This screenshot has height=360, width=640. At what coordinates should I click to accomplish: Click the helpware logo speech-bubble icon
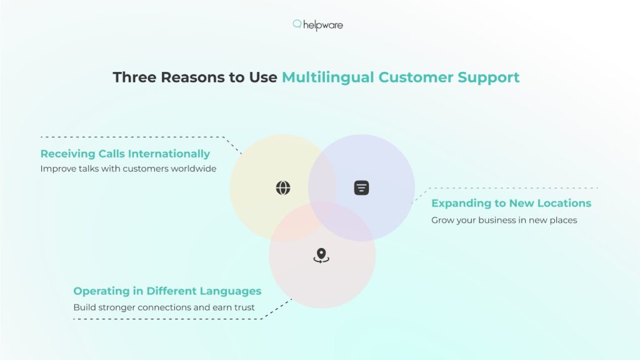tap(297, 24)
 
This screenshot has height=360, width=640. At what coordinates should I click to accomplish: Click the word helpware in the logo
tap(323, 25)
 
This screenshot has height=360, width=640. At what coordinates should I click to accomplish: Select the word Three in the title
tap(134, 77)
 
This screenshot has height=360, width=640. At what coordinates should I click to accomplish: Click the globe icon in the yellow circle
tap(283, 187)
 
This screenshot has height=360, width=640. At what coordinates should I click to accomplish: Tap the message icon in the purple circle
tap(361, 187)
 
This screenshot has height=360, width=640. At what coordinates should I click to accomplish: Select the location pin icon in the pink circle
tap(321, 256)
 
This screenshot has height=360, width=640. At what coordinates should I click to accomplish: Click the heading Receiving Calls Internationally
tap(125, 154)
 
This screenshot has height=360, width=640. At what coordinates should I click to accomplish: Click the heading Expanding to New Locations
tap(511, 203)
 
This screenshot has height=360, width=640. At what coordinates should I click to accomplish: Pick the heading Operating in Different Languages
tap(167, 291)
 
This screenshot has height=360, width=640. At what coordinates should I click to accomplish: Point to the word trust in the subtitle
tap(244, 307)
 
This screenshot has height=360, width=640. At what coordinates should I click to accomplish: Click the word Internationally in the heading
tap(169, 154)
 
